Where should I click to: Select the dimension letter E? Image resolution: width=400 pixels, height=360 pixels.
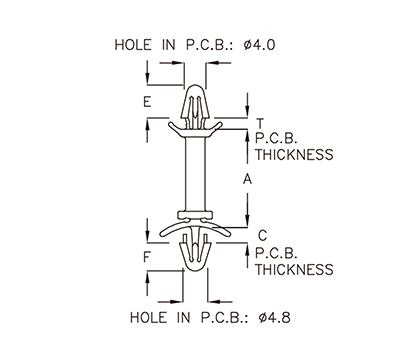pos(147,103)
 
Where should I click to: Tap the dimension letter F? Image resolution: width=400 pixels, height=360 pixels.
pos(147,258)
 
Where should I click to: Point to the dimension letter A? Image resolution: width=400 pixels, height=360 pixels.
pos(246,179)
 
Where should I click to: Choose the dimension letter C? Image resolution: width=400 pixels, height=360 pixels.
pos(261,235)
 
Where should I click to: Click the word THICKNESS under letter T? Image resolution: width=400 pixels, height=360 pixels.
pos(293,155)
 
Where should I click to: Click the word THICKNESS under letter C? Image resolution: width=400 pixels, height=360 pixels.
pos(293,269)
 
